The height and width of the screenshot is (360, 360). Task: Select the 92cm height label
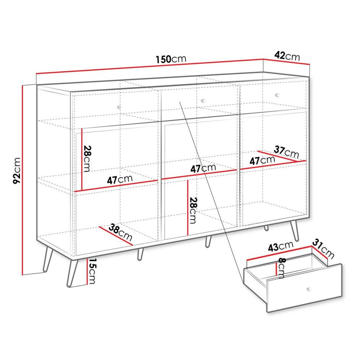(x=16, y=170)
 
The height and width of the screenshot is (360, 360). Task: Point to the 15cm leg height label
(x=92, y=271)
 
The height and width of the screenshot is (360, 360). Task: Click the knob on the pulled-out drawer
(x=309, y=289)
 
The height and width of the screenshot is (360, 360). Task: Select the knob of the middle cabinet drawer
(x=203, y=100)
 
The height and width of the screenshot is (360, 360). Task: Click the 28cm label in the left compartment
(x=87, y=158)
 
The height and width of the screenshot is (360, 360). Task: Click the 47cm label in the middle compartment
(x=203, y=168)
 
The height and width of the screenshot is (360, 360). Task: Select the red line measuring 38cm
(x=115, y=236)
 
